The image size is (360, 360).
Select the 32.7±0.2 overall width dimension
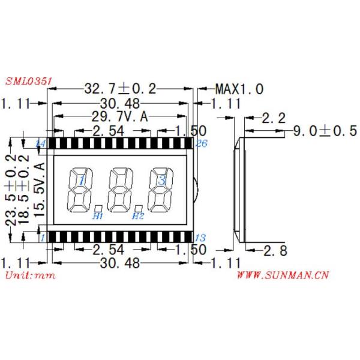[x=119, y=89]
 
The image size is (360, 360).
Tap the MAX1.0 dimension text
[x=239, y=89]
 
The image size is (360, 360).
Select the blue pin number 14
[x=41, y=143]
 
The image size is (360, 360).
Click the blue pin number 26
[x=201, y=143]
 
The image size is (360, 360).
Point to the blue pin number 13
[x=201, y=237]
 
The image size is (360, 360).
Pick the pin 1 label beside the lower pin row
[x=42, y=237]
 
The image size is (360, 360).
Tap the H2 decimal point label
[x=138, y=215]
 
